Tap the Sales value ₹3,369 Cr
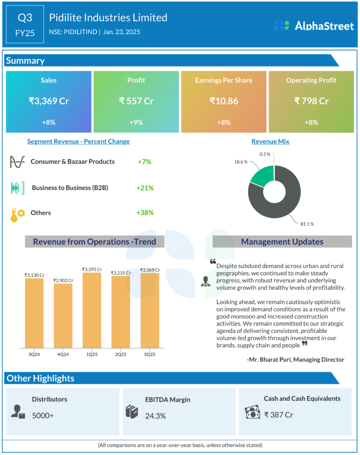48,101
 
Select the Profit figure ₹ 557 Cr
136,101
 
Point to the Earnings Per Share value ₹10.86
224,101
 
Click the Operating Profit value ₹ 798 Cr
311,101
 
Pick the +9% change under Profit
136,122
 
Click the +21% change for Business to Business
145,188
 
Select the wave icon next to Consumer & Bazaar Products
17,162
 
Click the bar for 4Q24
63,315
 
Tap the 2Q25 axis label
121,354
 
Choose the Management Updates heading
282,242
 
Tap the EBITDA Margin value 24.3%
156,416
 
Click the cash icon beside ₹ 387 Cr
252,412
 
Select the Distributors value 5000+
43,415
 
